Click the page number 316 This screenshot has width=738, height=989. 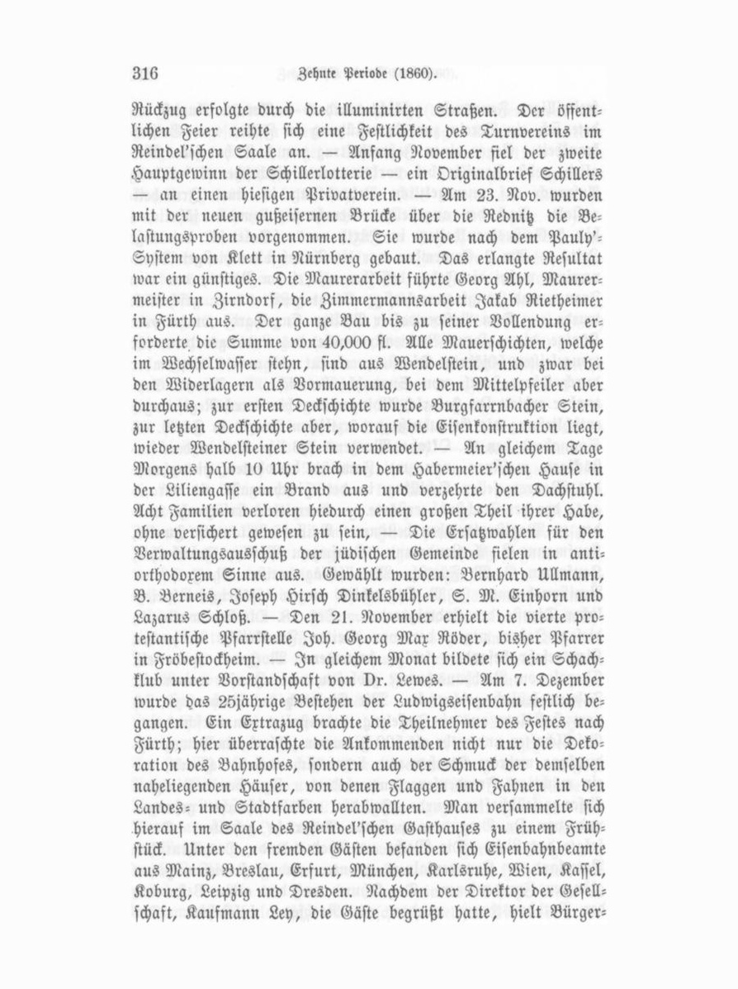click(x=144, y=72)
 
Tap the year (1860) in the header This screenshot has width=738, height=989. click(x=412, y=73)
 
